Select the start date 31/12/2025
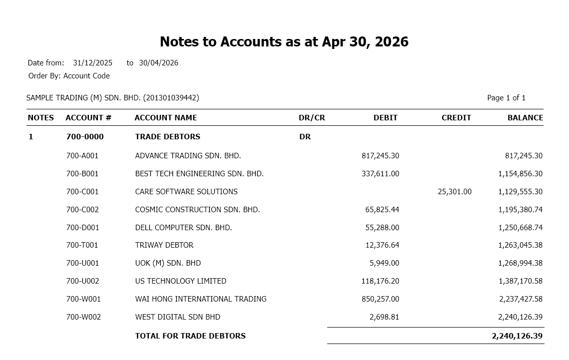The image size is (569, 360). pyautogui.click(x=92, y=63)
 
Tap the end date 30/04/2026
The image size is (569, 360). pyautogui.click(x=158, y=63)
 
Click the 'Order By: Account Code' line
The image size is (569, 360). pyautogui.click(x=69, y=76)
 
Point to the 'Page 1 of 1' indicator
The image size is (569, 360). pyautogui.click(x=506, y=98)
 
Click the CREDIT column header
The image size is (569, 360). pyautogui.click(x=456, y=118)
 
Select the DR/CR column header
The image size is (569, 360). pyautogui.click(x=312, y=118)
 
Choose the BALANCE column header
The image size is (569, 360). pyautogui.click(x=525, y=118)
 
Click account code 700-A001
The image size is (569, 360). pyautogui.click(x=82, y=156)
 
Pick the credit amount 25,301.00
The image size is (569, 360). pyautogui.click(x=454, y=192)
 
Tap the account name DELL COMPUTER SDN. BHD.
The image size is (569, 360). pyautogui.click(x=183, y=228)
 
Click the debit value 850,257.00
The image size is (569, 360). pyautogui.click(x=380, y=299)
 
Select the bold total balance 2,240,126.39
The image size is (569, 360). pyautogui.click(x=517, y=336)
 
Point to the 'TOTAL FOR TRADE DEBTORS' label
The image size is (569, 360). pyautogui.click(x=190, y=336)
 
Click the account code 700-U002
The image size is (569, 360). pyautogui.click(x=82, y=281)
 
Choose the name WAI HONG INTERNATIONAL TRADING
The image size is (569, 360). pyautogui.click(x=201, y=299)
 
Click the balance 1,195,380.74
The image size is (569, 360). pyautogui.click(x=520, y=210)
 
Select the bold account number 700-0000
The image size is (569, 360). pyautogui.click(x=85, y=137)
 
